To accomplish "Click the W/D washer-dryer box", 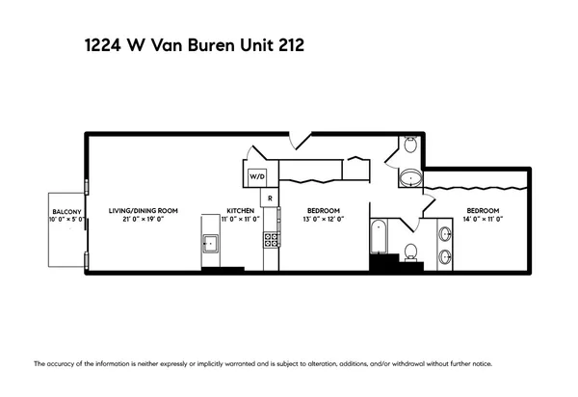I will point(257,177).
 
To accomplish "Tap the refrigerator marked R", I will point(272,199).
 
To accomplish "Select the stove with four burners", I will point(272,240).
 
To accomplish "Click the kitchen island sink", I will point(210,243).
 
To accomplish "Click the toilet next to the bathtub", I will point(410,252).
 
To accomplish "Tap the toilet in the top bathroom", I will point(409,146).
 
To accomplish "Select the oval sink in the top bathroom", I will point(409,178).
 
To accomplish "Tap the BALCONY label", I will point(66,211).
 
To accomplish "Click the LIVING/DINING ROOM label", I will point(143,211).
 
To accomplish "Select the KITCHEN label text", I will point(240,211).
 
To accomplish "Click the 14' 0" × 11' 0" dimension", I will point(482,220).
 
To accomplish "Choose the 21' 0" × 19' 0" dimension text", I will point(143,220).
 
